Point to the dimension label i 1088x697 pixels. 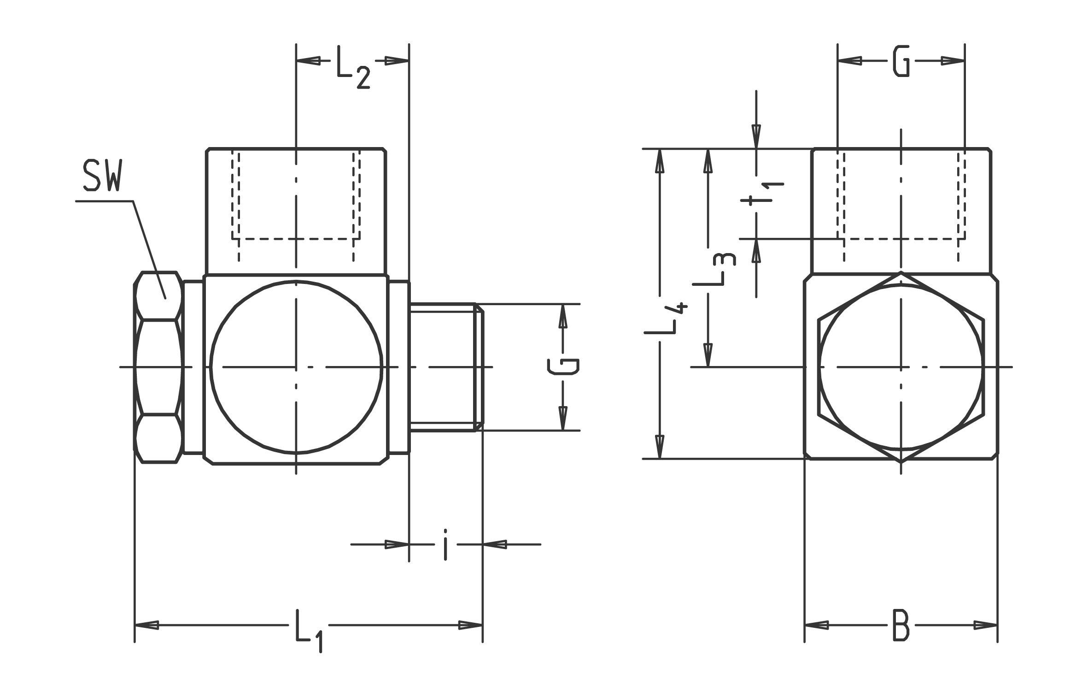[x=445, y=545]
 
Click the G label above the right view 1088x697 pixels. [x=901, y=61]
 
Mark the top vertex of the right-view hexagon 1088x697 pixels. [x=901, y=272]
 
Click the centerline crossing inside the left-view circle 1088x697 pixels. [x=296, y=367]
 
